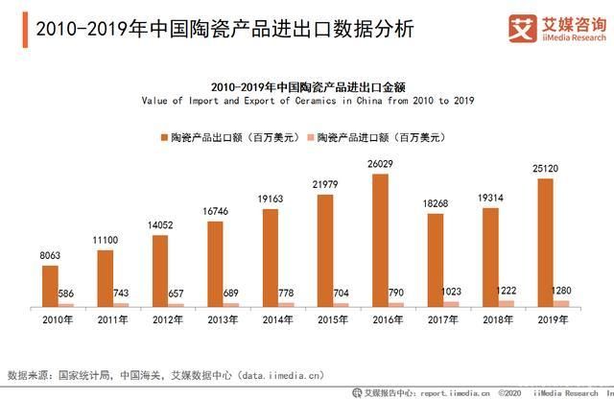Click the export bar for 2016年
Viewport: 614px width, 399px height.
380,240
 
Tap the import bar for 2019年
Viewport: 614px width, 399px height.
561,303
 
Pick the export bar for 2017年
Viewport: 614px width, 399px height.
436,259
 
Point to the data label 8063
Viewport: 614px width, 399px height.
50,257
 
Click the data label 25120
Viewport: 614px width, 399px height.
544,170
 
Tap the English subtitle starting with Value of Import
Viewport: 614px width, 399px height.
307,99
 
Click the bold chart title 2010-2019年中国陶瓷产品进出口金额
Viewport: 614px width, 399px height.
307,84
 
